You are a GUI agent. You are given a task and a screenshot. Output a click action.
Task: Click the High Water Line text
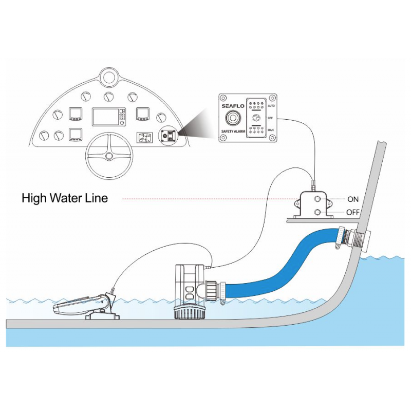65,198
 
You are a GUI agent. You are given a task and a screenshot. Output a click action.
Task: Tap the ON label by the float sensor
354,199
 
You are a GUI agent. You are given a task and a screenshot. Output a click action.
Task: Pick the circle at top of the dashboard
108,78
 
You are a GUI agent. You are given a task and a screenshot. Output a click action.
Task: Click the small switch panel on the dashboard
168,136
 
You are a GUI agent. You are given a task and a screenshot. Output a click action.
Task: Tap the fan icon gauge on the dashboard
144,138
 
